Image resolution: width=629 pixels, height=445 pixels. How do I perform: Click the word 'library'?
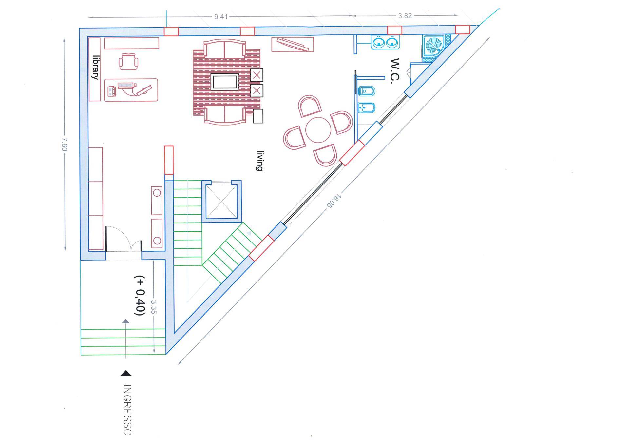[95, 67]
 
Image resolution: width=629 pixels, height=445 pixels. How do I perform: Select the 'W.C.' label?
[395, 71]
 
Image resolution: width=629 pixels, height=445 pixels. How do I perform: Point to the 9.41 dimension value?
[221, 16]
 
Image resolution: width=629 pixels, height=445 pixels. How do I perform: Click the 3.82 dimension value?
[405, 16]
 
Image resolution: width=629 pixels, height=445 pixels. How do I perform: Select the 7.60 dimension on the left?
[64, 144]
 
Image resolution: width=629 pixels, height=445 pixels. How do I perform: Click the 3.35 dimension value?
[153, 307]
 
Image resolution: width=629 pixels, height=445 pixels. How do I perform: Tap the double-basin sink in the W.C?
[385, 42]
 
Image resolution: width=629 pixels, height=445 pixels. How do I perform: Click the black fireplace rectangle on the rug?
[225, 82]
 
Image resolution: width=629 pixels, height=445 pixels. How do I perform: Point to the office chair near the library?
[128, 61]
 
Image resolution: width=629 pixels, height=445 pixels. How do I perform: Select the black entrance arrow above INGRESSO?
[126, 373]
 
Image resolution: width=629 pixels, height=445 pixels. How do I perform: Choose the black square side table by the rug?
[258, 116]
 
